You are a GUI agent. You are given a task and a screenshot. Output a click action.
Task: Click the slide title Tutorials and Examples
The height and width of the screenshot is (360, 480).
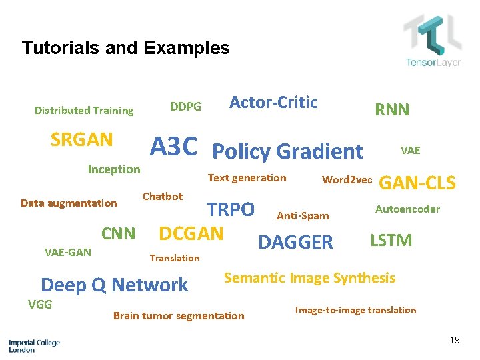coord(125,48)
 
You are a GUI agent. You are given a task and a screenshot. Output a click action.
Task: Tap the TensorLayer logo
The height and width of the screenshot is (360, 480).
coord(433,41)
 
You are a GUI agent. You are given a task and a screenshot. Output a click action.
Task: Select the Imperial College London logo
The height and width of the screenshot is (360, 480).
coord(34,345)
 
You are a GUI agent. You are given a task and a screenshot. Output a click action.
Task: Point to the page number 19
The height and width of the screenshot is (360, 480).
coord(455,341)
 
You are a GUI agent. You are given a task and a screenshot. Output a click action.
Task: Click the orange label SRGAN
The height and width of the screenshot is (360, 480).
coord(81,140)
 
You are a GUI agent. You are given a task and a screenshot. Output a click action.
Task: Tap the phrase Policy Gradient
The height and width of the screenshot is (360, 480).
coord(287,151)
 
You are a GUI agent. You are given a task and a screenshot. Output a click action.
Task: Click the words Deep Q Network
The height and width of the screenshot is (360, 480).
coord(114,285)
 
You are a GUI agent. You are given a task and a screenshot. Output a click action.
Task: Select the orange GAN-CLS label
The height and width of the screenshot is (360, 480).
coord(417,183)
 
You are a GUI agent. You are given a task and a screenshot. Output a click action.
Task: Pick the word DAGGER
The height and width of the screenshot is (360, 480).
coord(295,243)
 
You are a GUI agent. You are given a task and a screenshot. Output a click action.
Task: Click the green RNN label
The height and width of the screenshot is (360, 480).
coord(392,110)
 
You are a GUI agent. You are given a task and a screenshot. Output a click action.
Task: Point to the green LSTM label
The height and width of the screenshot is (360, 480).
coord(391,240)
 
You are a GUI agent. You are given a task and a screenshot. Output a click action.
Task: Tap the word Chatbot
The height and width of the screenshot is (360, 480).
coord(163,196)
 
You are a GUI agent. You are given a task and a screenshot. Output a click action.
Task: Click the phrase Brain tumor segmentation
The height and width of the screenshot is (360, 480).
coord(179,315)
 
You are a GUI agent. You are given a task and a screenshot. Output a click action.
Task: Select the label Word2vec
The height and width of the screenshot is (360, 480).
coord(347,179)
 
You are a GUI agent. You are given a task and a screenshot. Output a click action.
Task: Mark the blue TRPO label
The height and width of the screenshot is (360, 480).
coord(230,209)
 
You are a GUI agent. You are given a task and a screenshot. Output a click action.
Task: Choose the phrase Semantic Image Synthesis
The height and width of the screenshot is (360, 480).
coord(309,277)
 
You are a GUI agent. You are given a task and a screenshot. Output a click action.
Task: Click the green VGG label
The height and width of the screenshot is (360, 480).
coord(40,304)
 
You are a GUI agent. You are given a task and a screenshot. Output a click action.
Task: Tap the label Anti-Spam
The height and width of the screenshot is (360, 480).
coord(303,215)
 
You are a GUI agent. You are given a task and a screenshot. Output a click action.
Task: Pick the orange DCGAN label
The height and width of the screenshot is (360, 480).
coord(191,233)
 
